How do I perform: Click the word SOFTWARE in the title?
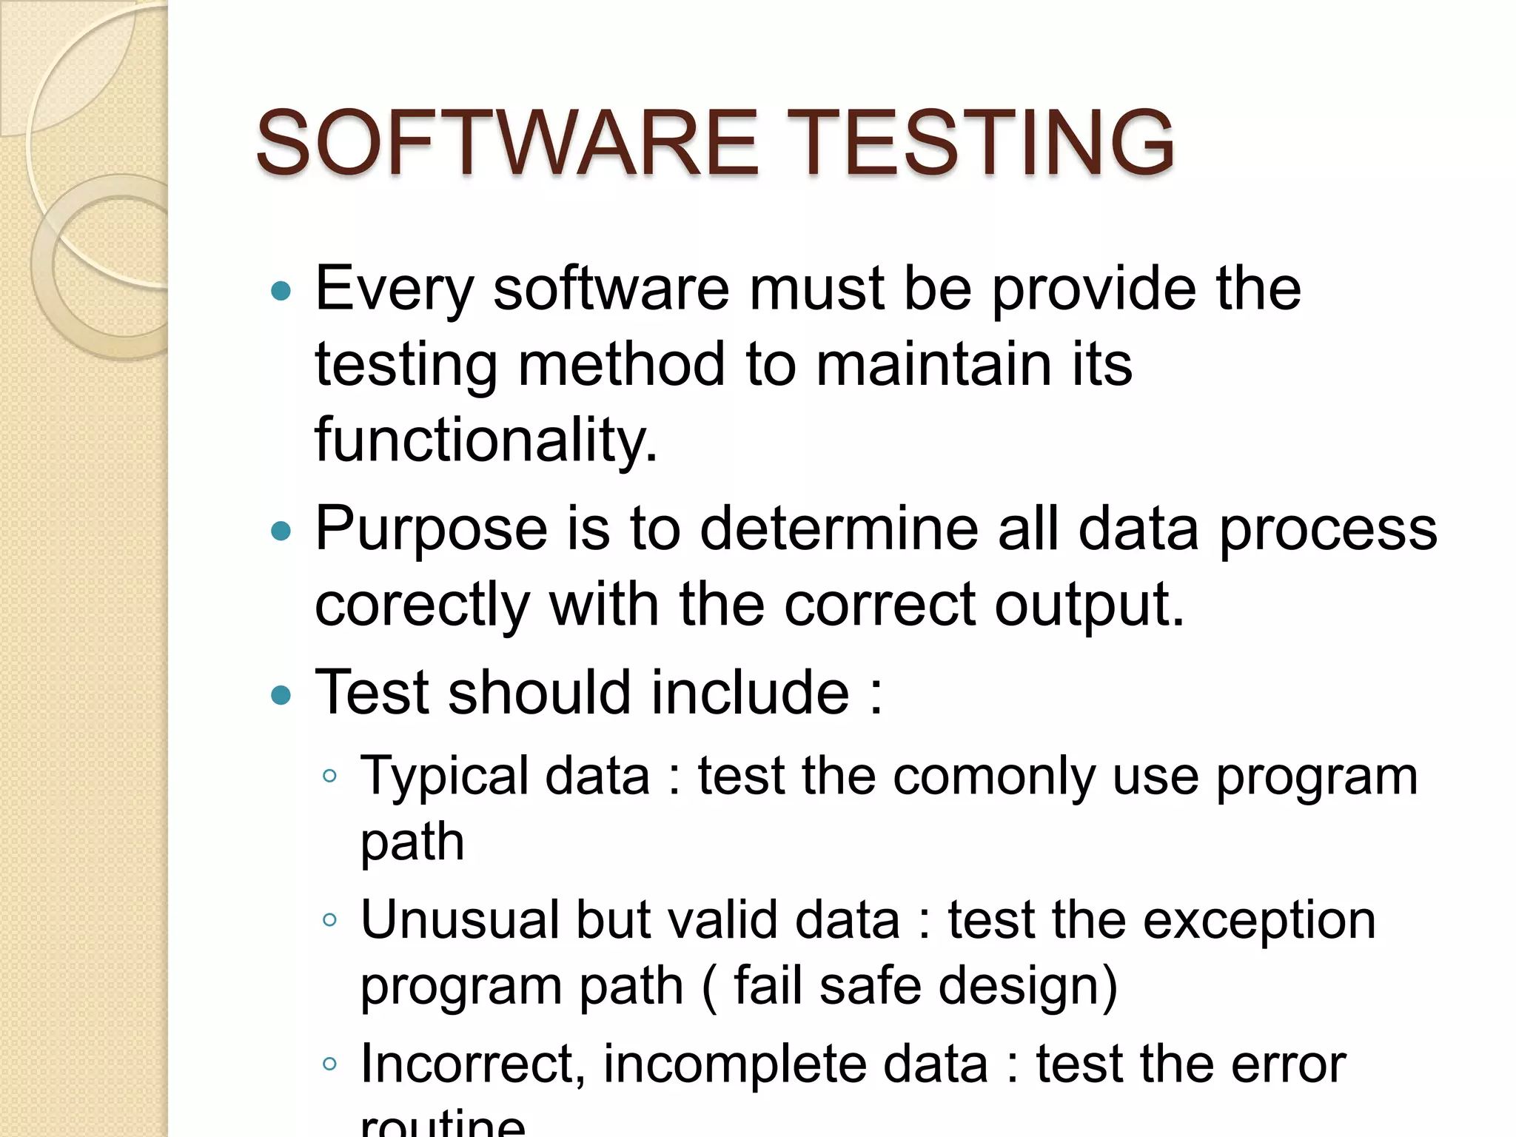click(508, 142)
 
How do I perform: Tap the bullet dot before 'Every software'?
click(281, 291)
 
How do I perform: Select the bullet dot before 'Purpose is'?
click(281, 531)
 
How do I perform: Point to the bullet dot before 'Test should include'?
click(281, 694)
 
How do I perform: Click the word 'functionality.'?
click(486, 441)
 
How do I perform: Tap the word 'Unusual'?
click(459, 920)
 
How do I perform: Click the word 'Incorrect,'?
click(473, 1064)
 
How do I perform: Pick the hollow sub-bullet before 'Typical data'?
click(330, 777)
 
